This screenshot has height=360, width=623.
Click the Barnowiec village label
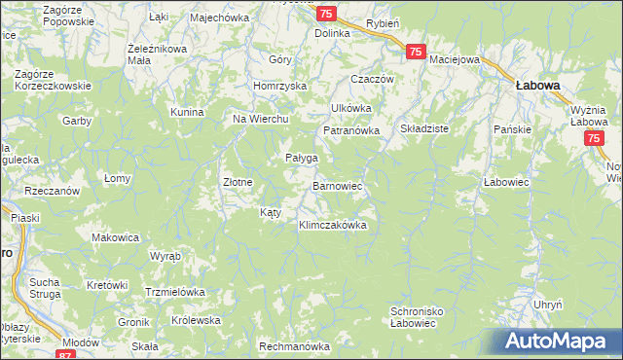click(x=337, y=184)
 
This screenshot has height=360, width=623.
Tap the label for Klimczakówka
click(x=332, y=225)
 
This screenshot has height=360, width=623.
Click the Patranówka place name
click(x=349, y=129)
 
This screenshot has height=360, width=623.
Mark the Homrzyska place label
click(x=279, y=86)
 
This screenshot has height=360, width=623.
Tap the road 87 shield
click(x=65, y=356)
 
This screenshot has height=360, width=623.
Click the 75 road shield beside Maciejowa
click(x=415, y=53)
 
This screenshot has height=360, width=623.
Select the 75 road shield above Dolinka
click(x=327, y=13)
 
